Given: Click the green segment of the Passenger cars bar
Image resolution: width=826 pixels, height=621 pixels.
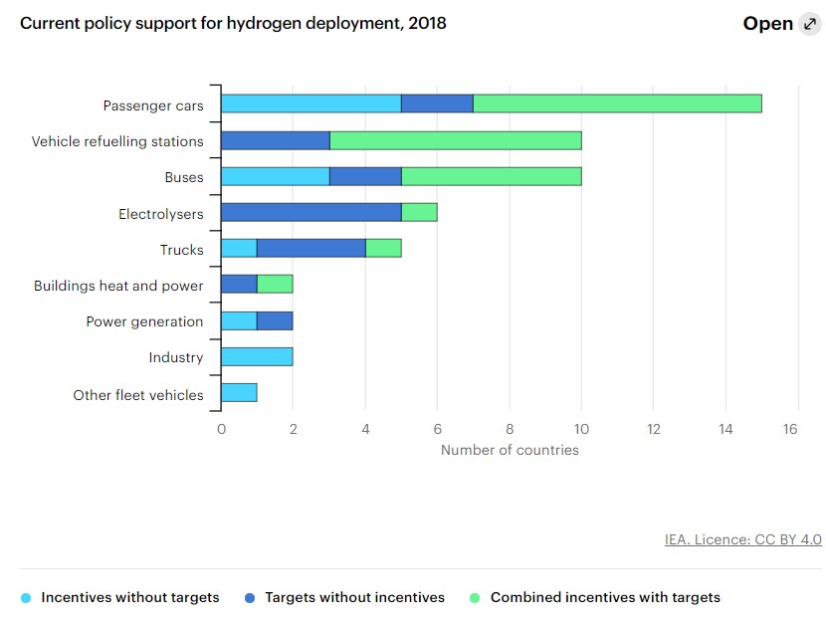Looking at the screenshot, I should [617, 103].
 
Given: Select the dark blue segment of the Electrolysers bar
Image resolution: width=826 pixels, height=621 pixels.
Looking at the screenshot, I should [310, 212].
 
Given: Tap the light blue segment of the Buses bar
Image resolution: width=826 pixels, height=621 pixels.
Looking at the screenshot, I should [275, 176].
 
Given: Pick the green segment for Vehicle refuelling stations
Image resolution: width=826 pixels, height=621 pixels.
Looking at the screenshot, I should [455, 140].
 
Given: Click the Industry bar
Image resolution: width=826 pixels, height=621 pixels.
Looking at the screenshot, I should [257, 357].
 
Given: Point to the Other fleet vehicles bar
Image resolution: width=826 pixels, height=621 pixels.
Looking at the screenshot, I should [239, 393].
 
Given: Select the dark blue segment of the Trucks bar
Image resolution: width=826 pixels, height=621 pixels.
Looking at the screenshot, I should [310, 249].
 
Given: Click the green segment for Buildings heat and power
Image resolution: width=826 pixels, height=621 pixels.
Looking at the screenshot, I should [275, 285].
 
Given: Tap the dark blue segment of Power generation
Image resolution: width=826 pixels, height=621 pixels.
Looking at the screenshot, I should [275, 320].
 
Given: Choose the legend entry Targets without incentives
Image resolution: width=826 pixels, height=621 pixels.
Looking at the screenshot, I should [353, 598].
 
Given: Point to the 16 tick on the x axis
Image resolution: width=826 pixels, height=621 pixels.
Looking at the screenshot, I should [790, 429].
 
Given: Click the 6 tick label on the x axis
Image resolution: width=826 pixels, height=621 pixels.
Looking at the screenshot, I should [437, 429].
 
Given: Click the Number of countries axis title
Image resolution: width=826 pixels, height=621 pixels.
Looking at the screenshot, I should [509, 450].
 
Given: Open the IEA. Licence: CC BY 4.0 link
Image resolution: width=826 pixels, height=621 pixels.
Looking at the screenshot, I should [742, 539].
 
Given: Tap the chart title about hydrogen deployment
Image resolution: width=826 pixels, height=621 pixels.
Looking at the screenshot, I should [233, 23].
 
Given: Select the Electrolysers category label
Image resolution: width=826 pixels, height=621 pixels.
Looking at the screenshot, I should [160, 213].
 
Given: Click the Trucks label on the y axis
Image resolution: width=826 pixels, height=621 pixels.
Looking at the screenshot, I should [181, 250].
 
